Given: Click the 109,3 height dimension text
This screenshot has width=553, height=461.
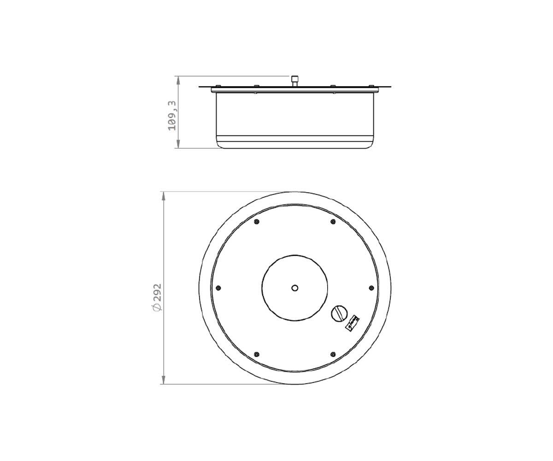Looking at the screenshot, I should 172,116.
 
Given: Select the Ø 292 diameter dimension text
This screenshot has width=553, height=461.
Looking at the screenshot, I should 157,297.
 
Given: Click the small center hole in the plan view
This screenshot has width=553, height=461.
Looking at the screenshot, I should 295,288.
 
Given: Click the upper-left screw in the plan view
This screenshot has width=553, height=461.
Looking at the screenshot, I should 257,222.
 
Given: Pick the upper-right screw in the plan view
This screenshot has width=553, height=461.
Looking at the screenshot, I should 333,222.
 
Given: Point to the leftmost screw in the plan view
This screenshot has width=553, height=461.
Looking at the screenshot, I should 218,288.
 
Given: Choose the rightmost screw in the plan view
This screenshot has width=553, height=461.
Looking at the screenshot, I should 371,288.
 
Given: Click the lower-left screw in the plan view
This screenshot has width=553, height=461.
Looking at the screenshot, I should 257,355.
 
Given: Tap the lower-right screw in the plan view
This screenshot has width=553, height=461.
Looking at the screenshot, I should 333,355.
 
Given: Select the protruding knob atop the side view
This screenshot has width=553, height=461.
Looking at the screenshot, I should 295,80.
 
